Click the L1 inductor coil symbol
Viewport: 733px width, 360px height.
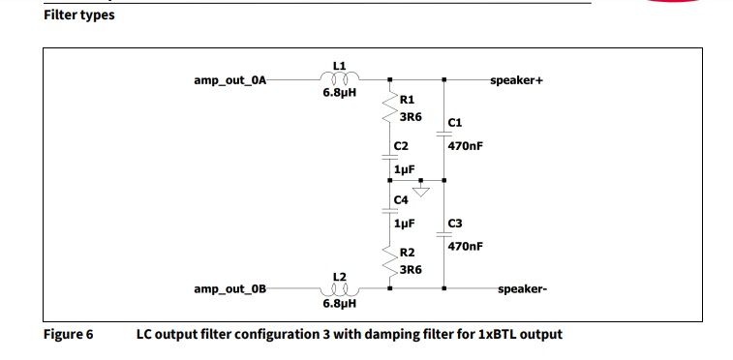[x=339, y=79]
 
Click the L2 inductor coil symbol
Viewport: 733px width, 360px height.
[x=339, y=288]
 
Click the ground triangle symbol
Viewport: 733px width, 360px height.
[x=420, y=190]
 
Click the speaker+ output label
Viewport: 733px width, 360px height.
[x=517, y=80]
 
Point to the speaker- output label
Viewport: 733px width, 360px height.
[x=522, y=289]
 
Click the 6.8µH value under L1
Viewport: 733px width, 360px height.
[x=340, y=95]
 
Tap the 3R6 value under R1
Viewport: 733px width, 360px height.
[x=411, y=116]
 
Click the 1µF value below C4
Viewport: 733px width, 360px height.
[x=406, y=223]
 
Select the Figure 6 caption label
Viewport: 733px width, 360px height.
[x=68, y=335]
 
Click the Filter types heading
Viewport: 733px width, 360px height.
[x=78, y=15]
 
